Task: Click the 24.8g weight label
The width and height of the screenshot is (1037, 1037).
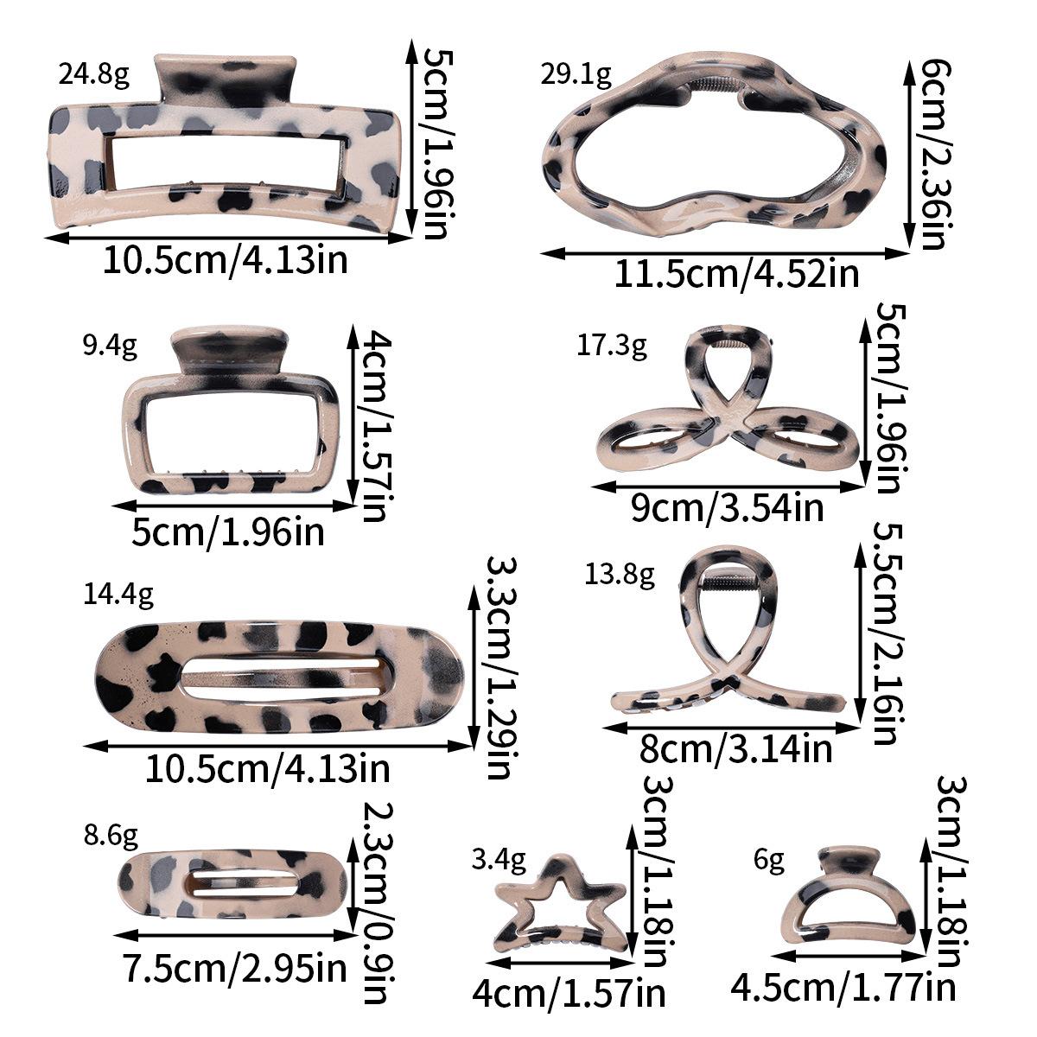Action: point(94,75)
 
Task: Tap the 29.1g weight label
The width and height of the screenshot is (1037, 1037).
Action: point(576,75)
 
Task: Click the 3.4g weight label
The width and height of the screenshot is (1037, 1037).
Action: point(499,860)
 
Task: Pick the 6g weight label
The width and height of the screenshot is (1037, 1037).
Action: point(769,860)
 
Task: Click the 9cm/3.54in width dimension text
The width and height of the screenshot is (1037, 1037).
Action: point(727,508)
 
